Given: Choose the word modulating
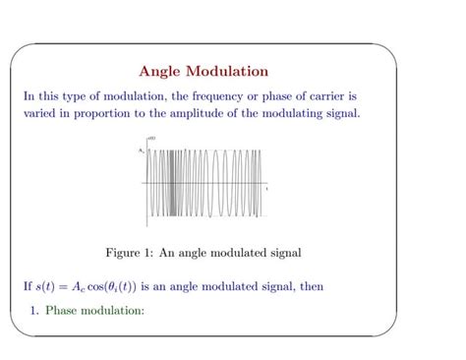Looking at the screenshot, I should coord(302,113).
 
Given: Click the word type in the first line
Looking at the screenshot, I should coord(89,96).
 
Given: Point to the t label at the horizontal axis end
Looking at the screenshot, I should coord(266,187).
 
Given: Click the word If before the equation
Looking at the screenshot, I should coord(28,286).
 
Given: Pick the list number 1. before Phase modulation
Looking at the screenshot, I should coord(35,312).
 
